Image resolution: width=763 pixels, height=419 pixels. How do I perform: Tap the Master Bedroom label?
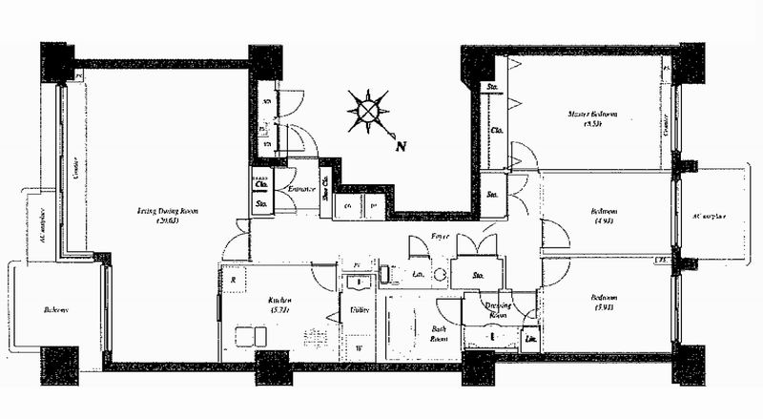click(x=592, y=118)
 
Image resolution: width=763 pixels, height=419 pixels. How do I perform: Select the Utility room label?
click(x=360, y=310)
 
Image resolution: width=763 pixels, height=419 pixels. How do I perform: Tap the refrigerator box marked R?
click(x=234, y=280)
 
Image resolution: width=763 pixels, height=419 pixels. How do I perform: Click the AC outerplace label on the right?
click(x=709, y=217)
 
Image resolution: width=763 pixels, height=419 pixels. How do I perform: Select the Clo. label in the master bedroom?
click(x=496, y=131)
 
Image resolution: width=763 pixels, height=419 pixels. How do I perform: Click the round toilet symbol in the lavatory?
click(x=441, y=275)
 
